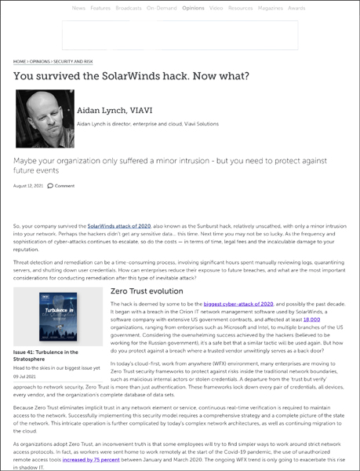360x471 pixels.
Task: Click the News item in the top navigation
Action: pos(78,7)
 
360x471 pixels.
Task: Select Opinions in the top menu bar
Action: pos(193,7)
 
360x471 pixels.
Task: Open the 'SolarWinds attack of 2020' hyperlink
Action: pos(118,226)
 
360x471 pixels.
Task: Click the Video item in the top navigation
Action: pos(216,7)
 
